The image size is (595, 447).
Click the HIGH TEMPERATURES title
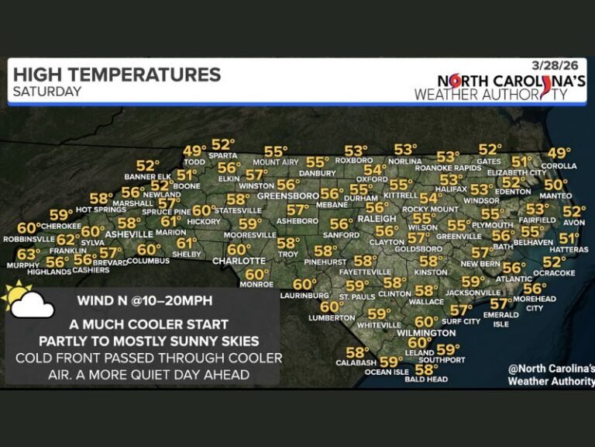pyautogui.click(x=117, y=74)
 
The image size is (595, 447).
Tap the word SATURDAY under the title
pyautogui.click(x=47, y=92)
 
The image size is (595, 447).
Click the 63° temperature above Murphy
pyautogui.click(x=29, y=254)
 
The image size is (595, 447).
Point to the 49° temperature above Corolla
pyautogui.click(x=559, y=153)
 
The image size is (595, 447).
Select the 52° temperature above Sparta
pyautogui.click(x=223, y=144)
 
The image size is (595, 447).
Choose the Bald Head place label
pyautogui.click(x=426, y=379)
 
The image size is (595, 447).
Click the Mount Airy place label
pyautogui.click(x=276, y=162)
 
